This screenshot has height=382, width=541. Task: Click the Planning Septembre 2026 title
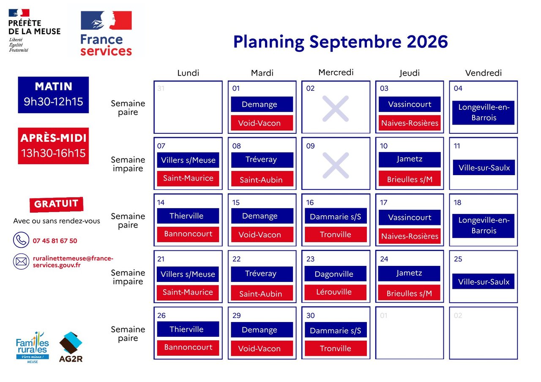point(341,42)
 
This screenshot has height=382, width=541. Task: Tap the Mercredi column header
point(336,72)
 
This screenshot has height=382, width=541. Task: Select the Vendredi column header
point(483,73)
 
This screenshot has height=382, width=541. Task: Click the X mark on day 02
point(336,108)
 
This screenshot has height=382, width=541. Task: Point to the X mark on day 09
point(336,165)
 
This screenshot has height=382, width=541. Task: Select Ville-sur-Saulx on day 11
point(484,168)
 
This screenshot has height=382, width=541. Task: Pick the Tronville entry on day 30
point(336,348)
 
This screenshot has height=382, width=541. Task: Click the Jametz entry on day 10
point(410,160)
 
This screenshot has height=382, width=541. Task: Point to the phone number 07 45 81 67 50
point(55,241)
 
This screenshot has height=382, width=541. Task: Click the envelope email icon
point(21,261)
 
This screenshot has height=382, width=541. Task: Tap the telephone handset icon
point(21,240)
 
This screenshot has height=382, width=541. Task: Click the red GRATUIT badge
point(57,204)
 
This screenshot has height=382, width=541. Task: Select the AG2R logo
point(71,347)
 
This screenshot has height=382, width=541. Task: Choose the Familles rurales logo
point(33,347)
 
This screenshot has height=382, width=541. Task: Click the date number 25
point(458,259)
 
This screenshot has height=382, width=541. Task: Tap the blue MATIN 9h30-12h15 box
point(53,95)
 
